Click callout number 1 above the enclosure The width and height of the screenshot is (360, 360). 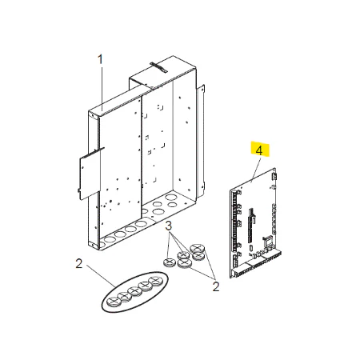point(100,59)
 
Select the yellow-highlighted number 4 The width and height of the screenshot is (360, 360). point(259,150)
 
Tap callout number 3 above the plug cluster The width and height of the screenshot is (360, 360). point(168,226)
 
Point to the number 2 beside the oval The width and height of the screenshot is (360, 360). point(79,264)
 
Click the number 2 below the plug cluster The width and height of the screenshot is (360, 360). point(216,286)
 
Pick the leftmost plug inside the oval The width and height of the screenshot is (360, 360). point(114,302)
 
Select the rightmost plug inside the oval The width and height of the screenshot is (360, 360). point(155,282)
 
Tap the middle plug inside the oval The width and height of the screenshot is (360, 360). point(134,291)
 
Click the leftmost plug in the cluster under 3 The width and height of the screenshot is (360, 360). point(169,262)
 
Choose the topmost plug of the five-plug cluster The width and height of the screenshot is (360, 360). point(197,248)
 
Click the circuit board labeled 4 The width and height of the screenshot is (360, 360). point(254,223)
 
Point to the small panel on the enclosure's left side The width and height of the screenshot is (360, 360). point(90,174)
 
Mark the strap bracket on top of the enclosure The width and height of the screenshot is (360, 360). point(158,67)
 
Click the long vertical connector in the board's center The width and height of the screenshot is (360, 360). point(250,226)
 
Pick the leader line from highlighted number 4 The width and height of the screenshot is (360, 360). point(255,170)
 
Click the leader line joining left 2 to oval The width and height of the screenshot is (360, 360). point(101,276)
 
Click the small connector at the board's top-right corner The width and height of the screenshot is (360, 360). point(274,176)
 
